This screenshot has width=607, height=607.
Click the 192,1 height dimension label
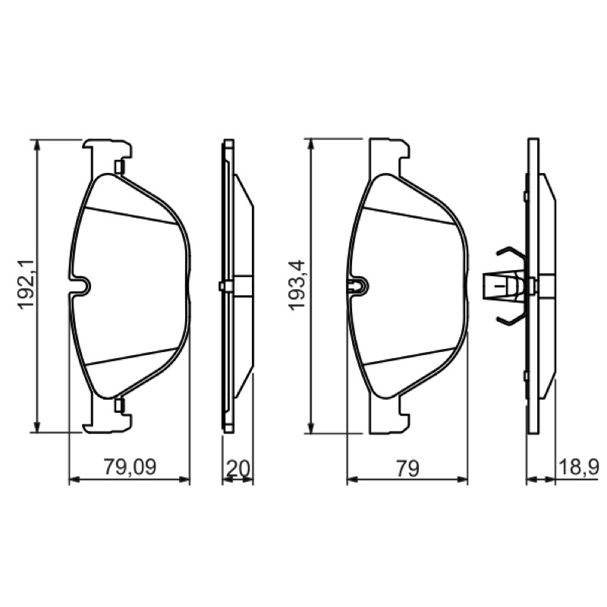click(x=27, y=284)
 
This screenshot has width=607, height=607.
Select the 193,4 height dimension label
click(x=298, y=284)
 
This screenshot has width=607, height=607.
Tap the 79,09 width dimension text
click(x=130, y=467)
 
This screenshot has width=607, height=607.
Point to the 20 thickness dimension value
click(x=237, y=468)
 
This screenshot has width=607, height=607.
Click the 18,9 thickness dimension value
click(x=578, y=467)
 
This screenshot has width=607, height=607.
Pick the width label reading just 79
click(x=407, y=468)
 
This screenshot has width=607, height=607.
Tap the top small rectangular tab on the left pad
click(x=119, y=167)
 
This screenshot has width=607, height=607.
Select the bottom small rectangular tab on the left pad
click(x=119, y=405)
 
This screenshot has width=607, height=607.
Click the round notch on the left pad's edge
click(x=83, y=286)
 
